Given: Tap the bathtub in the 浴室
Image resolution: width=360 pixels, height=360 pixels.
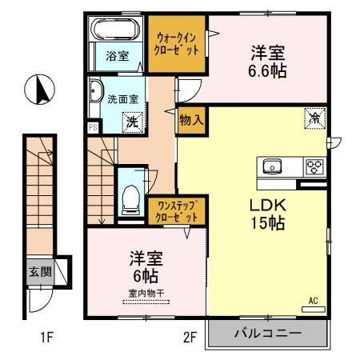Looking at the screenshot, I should click(114, 32).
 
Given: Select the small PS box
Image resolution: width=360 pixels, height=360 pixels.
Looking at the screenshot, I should click(93, 126).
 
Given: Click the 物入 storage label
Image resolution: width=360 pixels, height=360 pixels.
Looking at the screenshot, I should click(191, 119).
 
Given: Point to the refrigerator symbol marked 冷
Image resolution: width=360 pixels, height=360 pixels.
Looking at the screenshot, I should click(314, 117).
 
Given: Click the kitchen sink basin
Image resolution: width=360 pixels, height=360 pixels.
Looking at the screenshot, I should click(273, 166).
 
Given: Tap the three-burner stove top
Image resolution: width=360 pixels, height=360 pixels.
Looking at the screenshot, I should click(314, 166).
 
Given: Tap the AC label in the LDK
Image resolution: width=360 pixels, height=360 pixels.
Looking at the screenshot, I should click(313, 301).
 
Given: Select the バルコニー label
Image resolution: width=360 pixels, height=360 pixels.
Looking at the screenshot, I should click(267, 333).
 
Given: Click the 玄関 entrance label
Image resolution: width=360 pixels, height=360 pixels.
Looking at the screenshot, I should click(39, 272).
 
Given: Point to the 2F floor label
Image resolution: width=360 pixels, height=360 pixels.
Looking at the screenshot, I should click(189, 338).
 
